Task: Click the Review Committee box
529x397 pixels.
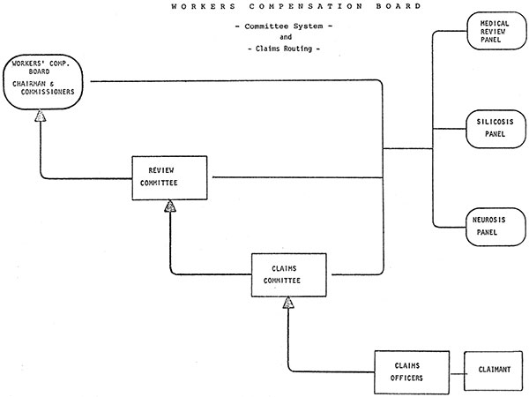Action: [172, 179]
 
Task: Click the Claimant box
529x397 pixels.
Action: [493, 371]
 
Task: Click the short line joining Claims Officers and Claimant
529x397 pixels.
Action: [456, 371]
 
